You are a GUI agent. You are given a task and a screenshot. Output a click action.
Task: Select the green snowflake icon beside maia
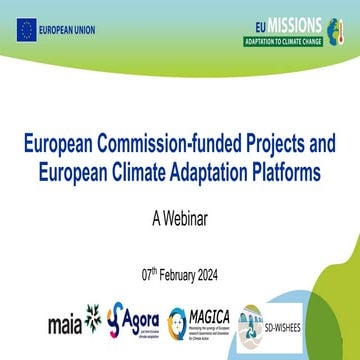[x=93, y=319]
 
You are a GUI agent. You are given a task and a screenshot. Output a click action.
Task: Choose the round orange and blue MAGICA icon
[x=180, y=321]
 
